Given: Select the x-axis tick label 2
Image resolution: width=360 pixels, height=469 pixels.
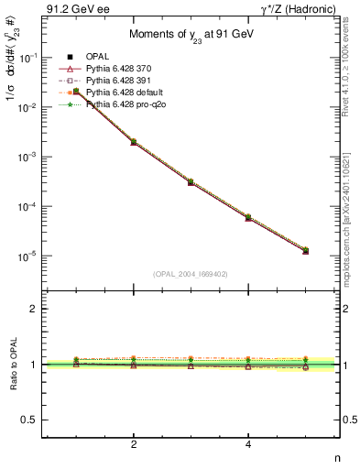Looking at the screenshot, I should click(x=134, y=444).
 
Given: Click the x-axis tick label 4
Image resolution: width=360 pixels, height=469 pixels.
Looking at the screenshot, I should click(x=248, y=444).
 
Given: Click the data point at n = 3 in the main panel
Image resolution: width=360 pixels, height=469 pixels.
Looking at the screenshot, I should click(x=191, y=182).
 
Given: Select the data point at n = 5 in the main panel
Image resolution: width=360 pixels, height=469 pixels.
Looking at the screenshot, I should click(x=306, y=250).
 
